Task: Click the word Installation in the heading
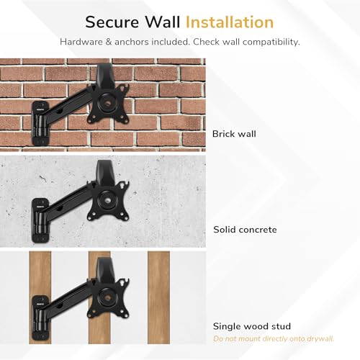(x=230, y=22)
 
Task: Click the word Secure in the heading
(x=112, y=22)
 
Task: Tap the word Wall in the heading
(x=163, y=22)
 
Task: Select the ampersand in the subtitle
(x=109, y=42)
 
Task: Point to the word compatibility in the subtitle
(x=271, y=42)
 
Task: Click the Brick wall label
(x=234, y=134)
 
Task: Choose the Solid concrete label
(x=245, y=230)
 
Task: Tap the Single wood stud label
(x=252, y=326)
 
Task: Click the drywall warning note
(x=274, y=338)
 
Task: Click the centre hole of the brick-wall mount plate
(x=107, y=104)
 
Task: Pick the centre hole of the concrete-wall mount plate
(x=107, y=201)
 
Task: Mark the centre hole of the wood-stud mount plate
(x=107, y=298)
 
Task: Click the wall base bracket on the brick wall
(x=40, y=123)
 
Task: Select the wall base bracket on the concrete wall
(x=40, y=220)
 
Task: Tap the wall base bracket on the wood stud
(x=40, y=318)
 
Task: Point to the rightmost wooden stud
(x=158, y=297)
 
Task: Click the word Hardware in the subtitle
(x=81, y=42)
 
